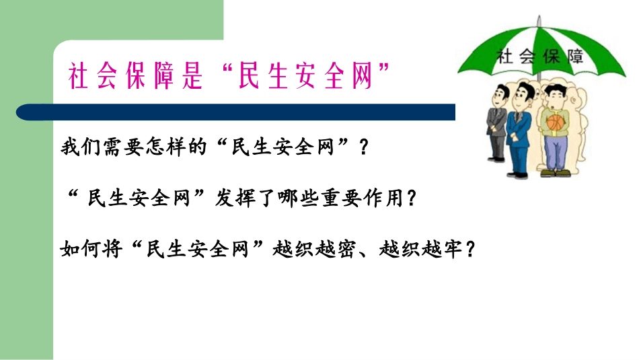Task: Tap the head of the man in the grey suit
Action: tap(499, 96)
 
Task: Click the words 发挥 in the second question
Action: tap(235, 198)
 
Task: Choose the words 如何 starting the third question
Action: tap(79, 249)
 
